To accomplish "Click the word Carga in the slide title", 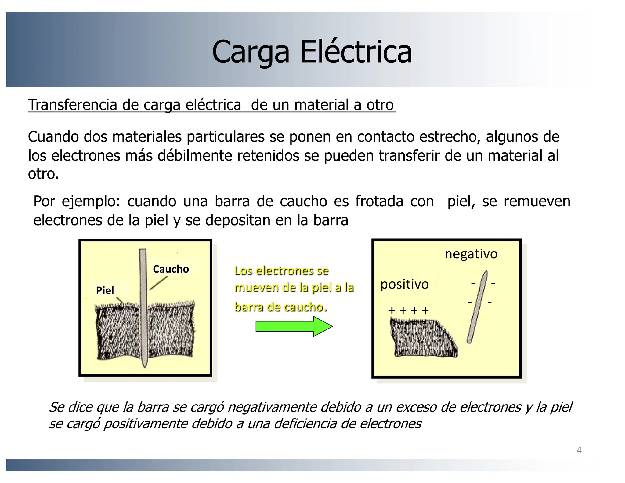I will coord(250,53).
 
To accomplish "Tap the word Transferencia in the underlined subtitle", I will coord(73,105).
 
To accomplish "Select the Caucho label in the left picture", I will coord(171,269).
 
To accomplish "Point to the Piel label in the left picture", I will coord(105,290).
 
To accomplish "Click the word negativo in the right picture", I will coord(471,254).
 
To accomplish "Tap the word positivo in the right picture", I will coord(404,285).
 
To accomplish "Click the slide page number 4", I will coord(579,450).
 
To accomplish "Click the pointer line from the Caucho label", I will coord(159,283).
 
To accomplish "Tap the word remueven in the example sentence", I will coord(537,202).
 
